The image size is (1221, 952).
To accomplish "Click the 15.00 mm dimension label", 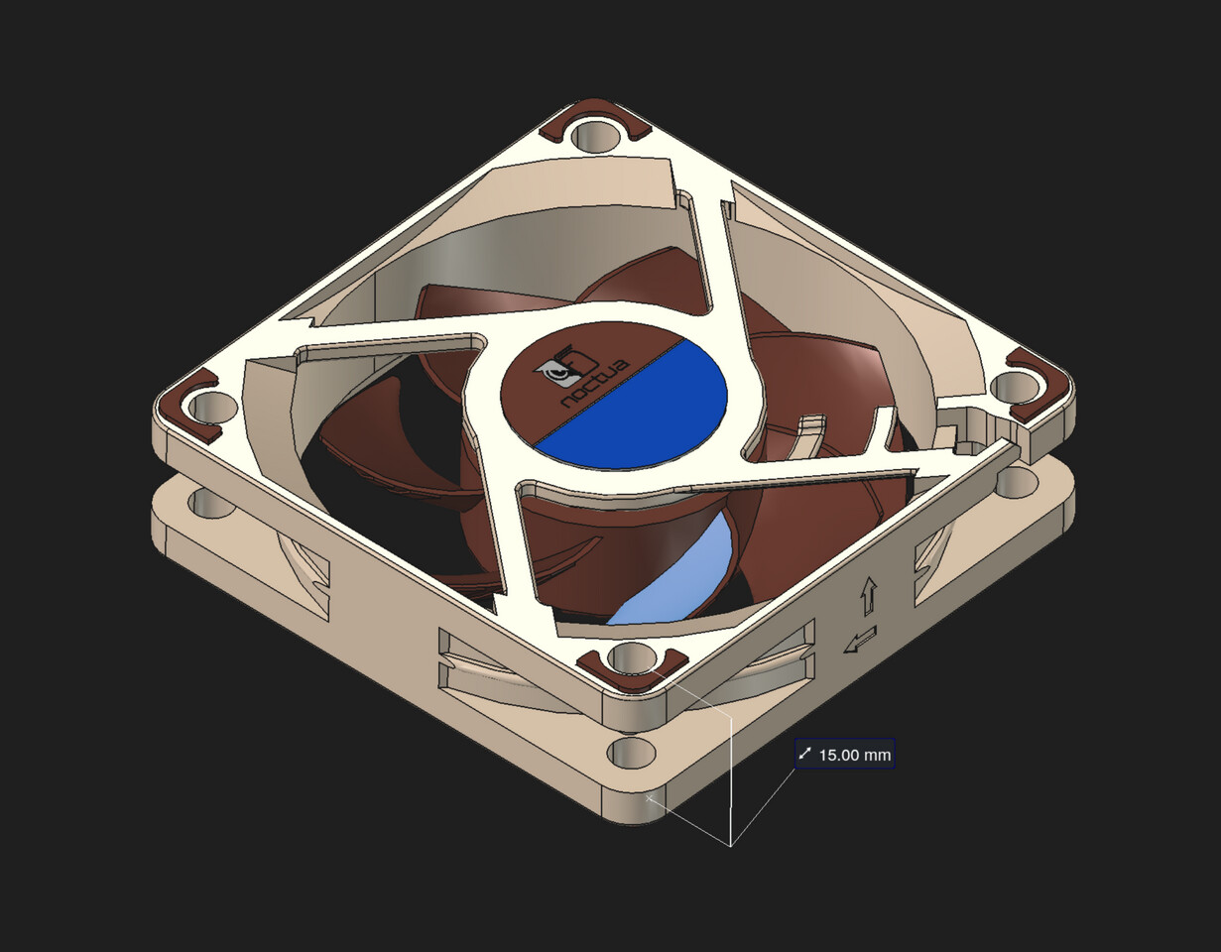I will pyautogui.click(x=845, y=755).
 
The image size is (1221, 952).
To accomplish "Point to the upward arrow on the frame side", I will pyautogui.click(x=869, y=595).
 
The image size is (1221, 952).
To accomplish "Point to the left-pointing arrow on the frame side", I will pyautogui.click(x=859, y=641).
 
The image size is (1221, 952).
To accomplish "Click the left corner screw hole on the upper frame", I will pyautogui.click(x=213, y=407).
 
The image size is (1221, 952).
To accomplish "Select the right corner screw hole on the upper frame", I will pyautogui.click(x=1013, y=386).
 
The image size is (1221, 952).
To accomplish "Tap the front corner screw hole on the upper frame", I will pyautogui.click(x=634, y=656).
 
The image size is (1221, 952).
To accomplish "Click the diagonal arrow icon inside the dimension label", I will pyautogui.click(x=805, y=755).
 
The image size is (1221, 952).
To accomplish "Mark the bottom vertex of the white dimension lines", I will pyautogui.click(x=731, y=846).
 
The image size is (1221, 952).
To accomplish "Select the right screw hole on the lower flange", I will pyautogui.click(x=1017, y=482).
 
